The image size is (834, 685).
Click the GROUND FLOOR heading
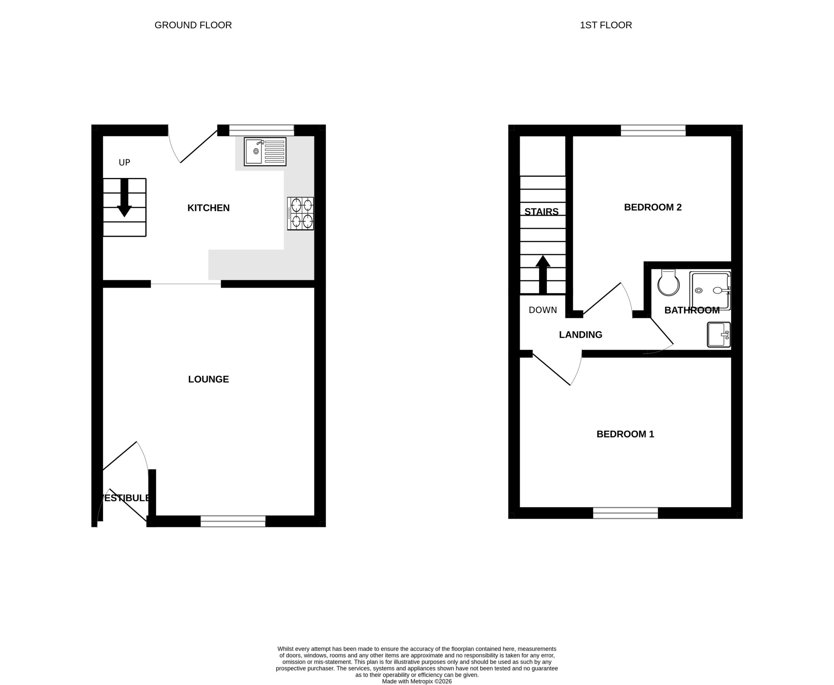193,25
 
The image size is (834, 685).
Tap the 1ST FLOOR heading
606,25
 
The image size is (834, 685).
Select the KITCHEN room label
208,208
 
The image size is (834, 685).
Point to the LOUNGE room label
208,379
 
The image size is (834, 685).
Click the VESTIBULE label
125,498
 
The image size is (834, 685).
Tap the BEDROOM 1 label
625,434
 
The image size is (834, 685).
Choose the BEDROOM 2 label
653,207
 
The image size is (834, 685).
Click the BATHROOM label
692,310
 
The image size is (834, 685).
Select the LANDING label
580,334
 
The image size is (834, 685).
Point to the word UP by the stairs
124,163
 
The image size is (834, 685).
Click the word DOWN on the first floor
543,310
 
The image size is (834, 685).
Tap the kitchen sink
265,152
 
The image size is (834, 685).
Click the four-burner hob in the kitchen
300,213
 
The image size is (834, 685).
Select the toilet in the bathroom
668,282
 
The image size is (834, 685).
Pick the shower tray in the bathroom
710,291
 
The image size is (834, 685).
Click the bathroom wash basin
719,334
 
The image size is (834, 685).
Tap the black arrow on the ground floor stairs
124,198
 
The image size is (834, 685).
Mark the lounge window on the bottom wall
233,521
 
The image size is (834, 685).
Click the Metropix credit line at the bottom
417,681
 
